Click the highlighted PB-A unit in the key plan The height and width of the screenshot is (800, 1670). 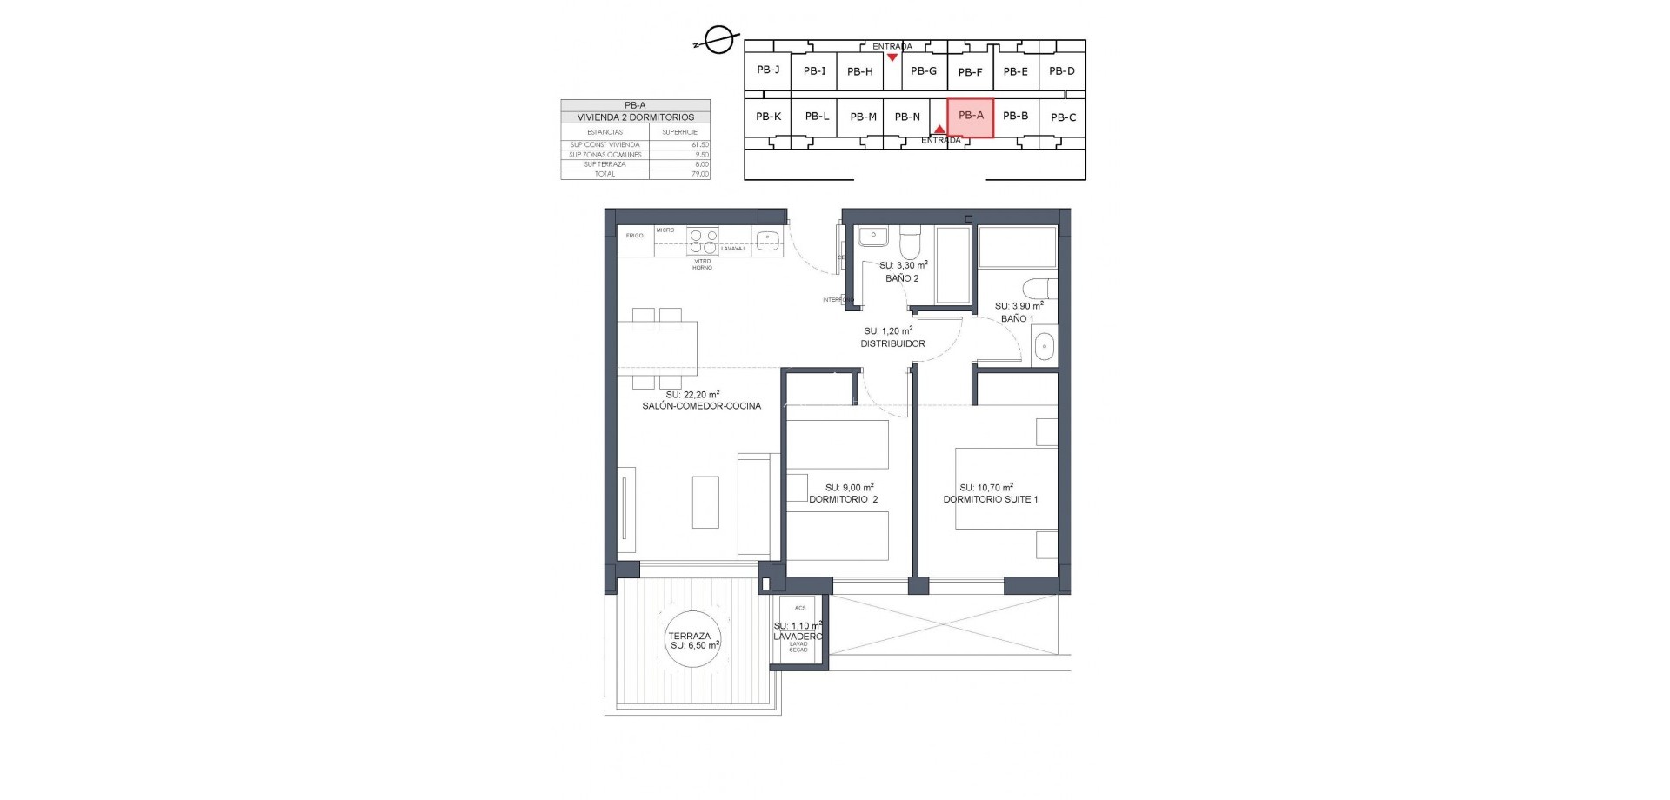[970, 117]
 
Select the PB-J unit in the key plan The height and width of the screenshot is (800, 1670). [767, 70]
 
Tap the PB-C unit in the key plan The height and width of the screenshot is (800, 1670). [1062, 117]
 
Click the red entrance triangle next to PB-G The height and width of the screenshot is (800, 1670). [892, 57]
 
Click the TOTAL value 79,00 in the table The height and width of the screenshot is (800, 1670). [698, 174]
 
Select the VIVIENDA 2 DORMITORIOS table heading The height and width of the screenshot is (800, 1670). [635, 117]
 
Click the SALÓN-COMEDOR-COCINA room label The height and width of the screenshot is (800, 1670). [701, 406]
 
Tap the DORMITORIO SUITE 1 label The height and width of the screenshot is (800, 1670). [990, 499]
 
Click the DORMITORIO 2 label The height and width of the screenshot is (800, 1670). [843, 499]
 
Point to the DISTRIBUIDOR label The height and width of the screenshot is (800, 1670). [892, 343]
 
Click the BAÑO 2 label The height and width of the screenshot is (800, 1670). [901, 278]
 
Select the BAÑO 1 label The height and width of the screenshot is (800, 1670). [1017, 318]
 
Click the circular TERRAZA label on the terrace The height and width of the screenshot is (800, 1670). [690, 641]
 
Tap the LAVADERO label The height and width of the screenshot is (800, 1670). [798, 637]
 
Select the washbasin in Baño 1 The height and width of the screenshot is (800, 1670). [1043, 349]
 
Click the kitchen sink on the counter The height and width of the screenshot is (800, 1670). [159, 239]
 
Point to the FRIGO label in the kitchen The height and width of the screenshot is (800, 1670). [634, 236]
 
